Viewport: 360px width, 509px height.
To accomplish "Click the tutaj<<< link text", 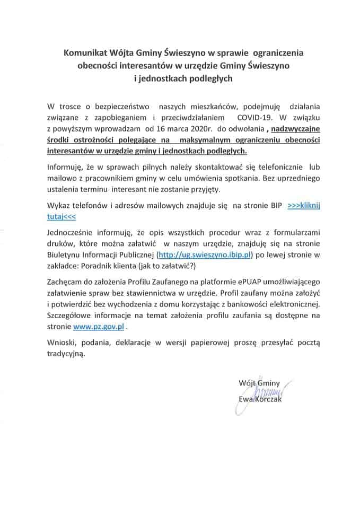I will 62,217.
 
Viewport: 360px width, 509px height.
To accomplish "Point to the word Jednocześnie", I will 73,232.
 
